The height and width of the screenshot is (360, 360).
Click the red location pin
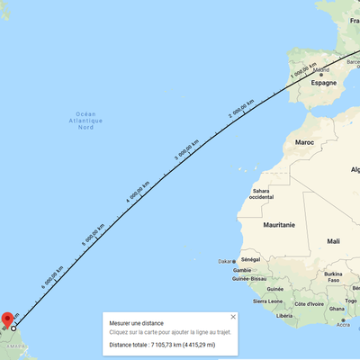coord(8,320)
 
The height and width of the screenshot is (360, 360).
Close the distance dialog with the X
coord(233,317)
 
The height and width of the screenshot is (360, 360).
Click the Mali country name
coord(334,241)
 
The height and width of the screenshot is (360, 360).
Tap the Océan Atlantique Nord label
coord(86,121)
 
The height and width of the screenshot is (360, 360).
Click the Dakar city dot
coord(235,262)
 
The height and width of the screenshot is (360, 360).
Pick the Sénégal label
coord(251,259)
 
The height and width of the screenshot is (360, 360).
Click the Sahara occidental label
coord(263,193)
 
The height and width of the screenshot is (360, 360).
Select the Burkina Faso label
coord(335,276)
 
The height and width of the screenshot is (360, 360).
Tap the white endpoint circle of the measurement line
coord(13,329)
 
